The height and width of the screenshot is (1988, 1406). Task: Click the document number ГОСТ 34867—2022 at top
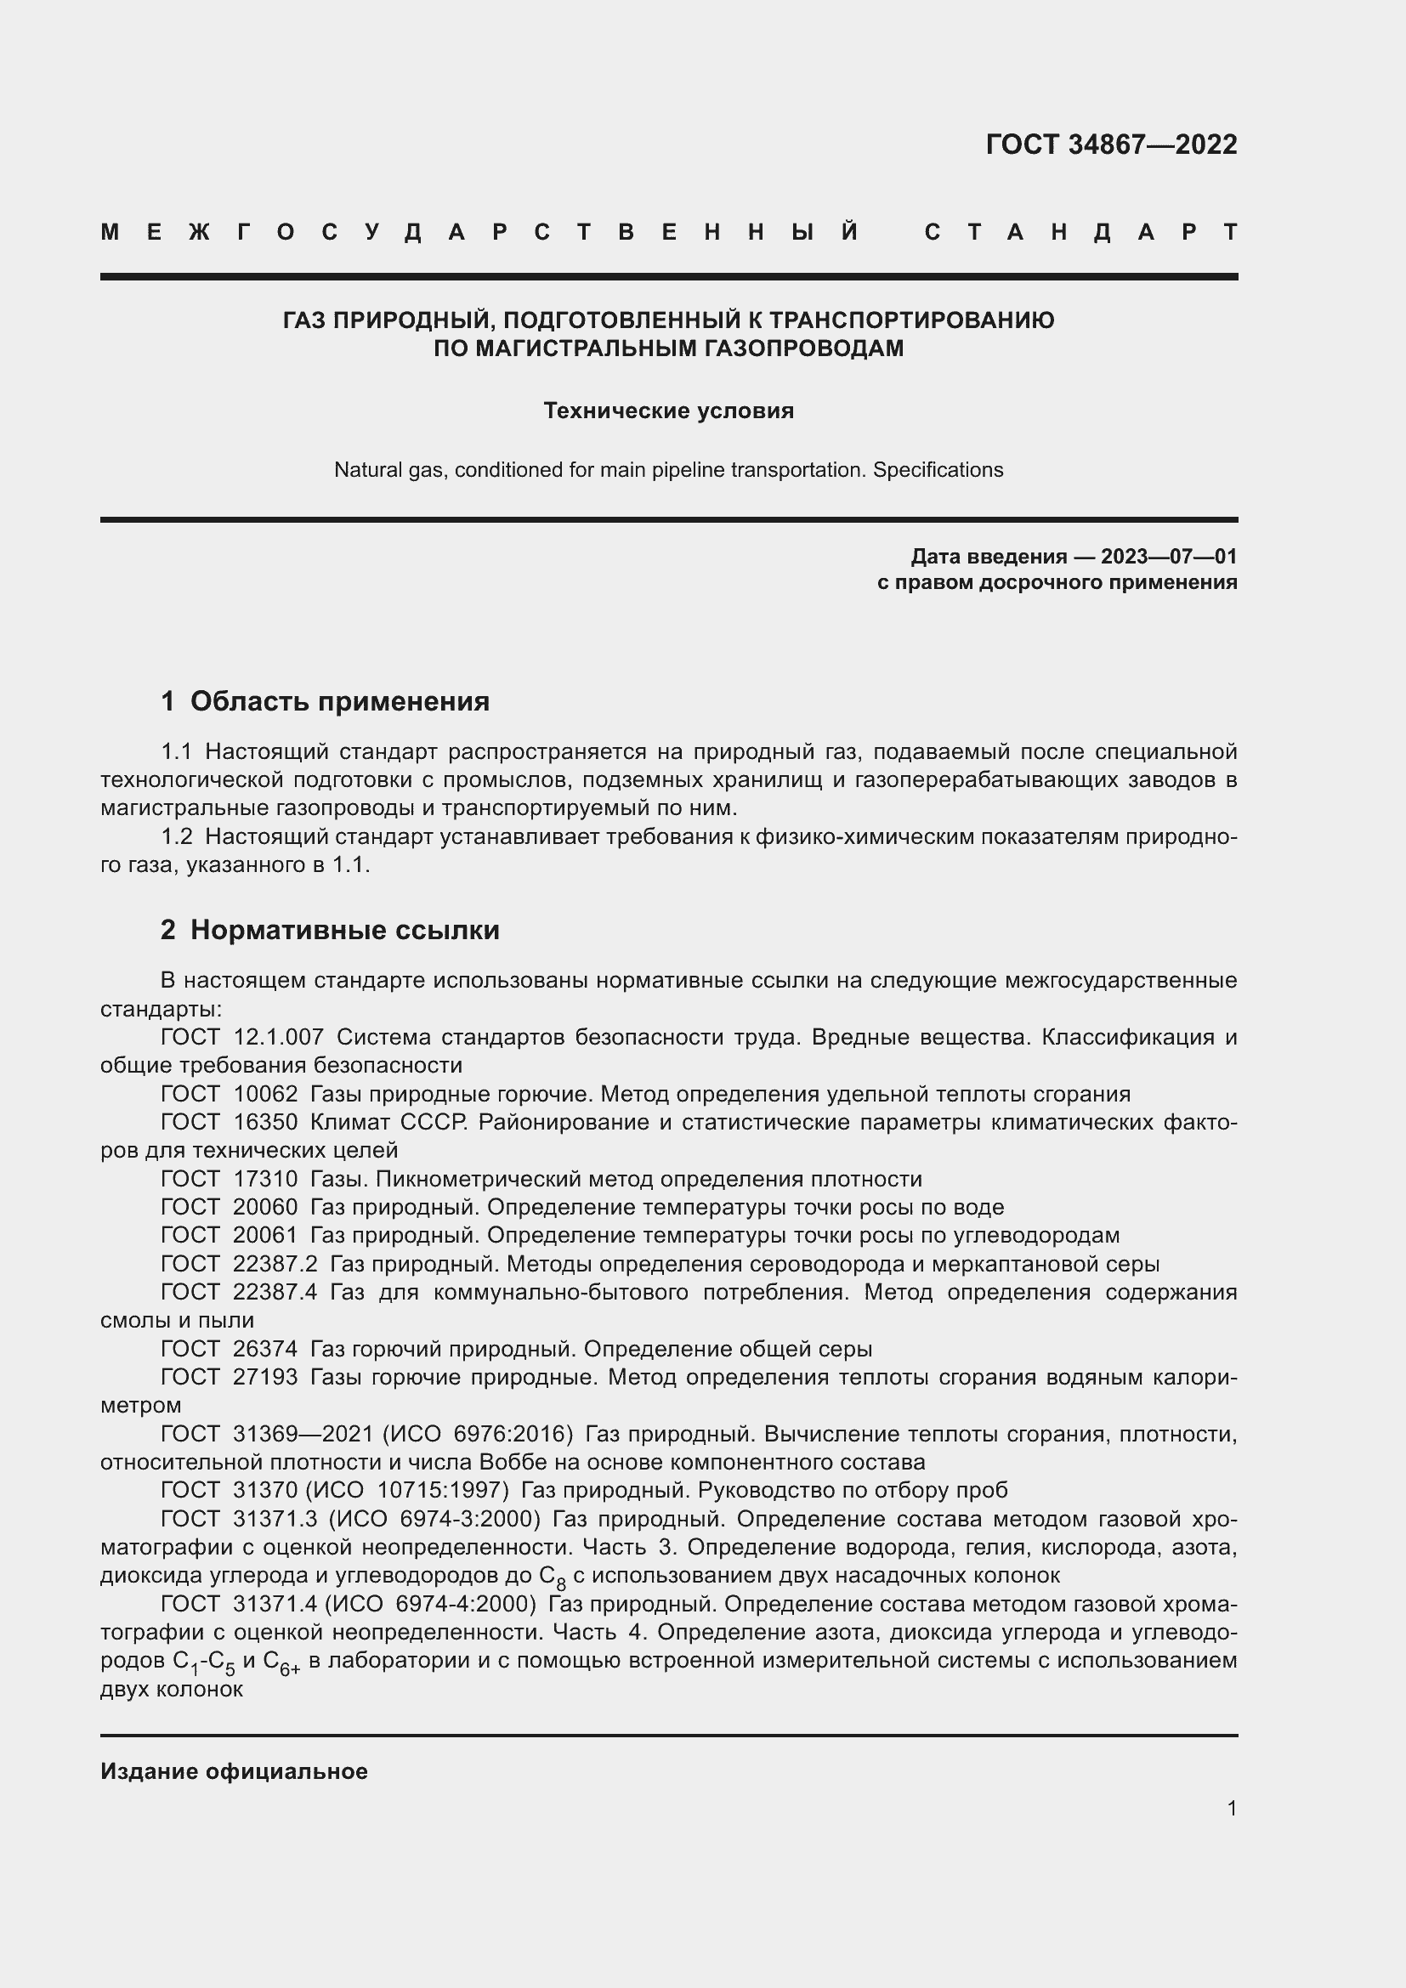tap(1111, 144)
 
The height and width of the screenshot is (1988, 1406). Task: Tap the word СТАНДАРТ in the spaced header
tap(1081, 232)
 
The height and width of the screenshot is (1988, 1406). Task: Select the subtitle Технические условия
tap(668, 411)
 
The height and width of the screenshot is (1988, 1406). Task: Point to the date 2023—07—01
tap(1169, 556)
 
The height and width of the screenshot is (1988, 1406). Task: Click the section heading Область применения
tap(339, 701)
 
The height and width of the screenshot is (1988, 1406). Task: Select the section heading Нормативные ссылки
tap(344, 930)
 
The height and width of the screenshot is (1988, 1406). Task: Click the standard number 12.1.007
tap(279, 1037)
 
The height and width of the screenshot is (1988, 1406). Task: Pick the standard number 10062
tap(265, 1094)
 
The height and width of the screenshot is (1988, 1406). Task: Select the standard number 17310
tap(265, 1178)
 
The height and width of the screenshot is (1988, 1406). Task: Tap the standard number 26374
tap(265, 1348)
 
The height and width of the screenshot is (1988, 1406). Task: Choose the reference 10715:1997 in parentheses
tap(440, 1490)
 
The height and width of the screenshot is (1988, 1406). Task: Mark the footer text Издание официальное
tap(234, 1771)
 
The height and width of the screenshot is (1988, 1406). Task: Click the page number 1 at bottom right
tap(1232, 1808)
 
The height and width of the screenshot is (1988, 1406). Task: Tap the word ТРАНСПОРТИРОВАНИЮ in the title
tap(911, 320)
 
